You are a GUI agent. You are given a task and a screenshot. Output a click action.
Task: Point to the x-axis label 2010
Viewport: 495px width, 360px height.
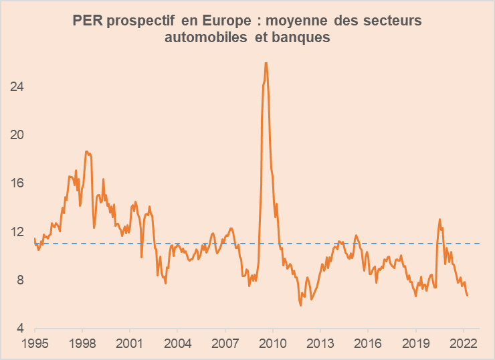coord(272,343)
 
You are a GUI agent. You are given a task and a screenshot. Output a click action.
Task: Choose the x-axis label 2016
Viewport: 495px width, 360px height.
coord(368,343)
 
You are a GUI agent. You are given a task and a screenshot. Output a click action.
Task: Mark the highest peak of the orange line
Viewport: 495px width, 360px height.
coord(266,63)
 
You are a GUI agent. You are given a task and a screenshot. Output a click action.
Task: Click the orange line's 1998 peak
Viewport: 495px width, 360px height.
coord(86,152)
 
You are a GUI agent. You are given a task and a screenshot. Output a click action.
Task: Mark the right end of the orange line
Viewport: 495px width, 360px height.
coord(467,295)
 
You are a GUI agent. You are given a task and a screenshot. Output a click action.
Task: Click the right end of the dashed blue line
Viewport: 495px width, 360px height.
coord(480,244)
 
